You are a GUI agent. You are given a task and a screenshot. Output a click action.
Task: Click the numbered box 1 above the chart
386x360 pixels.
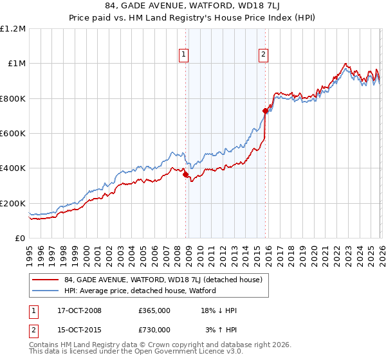tap(184, 55)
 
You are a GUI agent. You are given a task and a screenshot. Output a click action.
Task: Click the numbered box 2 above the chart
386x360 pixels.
tap(264, 55)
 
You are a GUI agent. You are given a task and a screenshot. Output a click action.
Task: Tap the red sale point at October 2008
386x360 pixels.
tap(186, 174)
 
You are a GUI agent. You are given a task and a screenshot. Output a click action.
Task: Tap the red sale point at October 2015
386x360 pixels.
tap(265, 111)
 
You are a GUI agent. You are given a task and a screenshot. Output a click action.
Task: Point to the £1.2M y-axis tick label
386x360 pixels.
tap(13, 29)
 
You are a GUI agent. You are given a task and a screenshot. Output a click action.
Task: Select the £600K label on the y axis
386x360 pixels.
tap(13, 134)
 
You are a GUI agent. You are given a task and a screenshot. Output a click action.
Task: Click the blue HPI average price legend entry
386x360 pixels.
tap(139, 291)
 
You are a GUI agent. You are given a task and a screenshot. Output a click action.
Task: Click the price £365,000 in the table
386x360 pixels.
tap(154, 310)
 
